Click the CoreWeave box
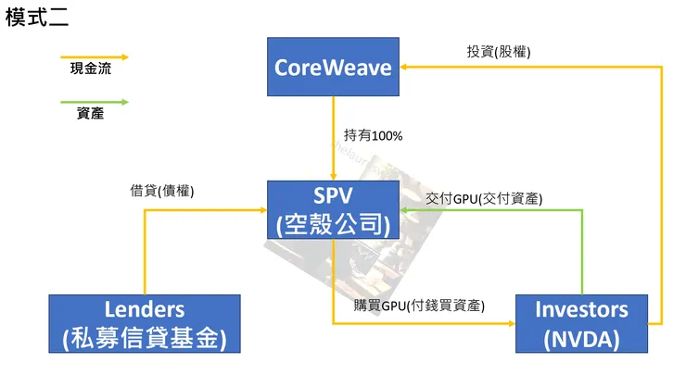point(333,67)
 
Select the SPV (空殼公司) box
point(333,210)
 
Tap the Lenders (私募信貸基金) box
point(144,323)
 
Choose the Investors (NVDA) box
point(581,323)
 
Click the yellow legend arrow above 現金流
point(94,55)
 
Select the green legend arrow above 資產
point(94,101)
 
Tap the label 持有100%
point(373,136)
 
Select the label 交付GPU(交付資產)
point(484,199)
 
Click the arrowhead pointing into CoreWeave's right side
point(406,67)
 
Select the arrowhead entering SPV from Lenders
point(261,210)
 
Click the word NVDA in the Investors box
point(581,339)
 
